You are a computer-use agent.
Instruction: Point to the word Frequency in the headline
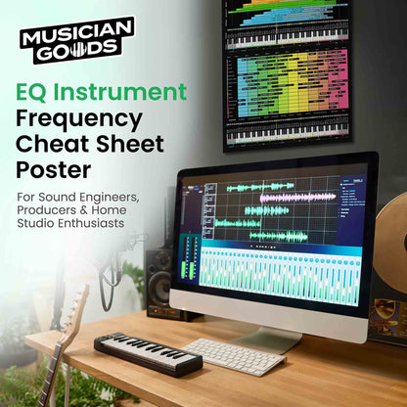click(x=79, y=119)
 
